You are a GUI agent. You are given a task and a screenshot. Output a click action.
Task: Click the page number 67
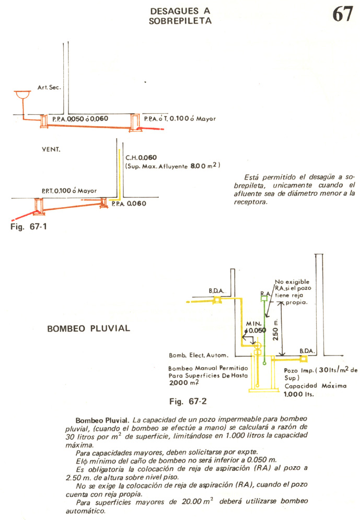[342, 14]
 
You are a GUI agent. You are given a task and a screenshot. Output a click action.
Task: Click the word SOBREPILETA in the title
[180, 21]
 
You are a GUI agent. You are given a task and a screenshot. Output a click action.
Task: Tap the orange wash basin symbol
[22, 95]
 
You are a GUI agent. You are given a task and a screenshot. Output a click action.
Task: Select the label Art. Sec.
[49, 88]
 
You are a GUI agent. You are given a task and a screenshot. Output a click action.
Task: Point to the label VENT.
[51, 149]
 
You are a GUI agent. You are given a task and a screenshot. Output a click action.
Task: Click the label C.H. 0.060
[141, 158]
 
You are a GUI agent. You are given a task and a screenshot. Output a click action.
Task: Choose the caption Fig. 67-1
[29, 227]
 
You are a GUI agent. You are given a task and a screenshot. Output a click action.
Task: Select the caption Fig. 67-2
[188, 401]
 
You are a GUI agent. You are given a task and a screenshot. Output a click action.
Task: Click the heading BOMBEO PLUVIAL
[89, 328]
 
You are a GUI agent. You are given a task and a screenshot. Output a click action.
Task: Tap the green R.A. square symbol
[264, 299]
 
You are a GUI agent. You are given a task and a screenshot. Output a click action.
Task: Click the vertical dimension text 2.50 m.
[275, 330]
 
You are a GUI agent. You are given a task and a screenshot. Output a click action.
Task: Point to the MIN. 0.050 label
[256, 327]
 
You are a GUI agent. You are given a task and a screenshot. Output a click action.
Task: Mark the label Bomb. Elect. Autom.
[199, 356]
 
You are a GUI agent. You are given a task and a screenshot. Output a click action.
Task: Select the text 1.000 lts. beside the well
[299, 394]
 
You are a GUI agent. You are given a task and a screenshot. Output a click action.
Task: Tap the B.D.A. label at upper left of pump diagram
[216, 291]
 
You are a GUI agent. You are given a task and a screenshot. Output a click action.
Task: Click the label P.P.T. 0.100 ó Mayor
[69, 191]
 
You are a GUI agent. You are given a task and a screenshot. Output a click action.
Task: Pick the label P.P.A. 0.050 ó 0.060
[80, 119]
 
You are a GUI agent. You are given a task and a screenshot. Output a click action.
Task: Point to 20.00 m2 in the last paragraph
[198, 501]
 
